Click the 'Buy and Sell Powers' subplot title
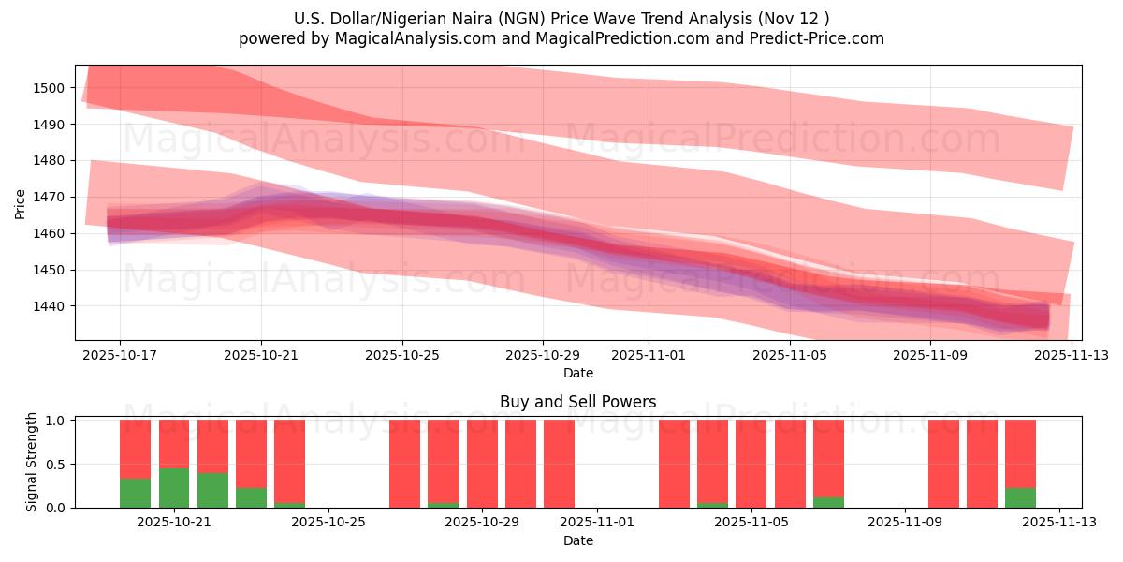577,402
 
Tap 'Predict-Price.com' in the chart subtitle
807,38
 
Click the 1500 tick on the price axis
50,88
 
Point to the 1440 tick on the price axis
50,306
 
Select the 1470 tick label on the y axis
50,197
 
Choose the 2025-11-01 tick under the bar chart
598,522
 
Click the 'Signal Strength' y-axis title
32,462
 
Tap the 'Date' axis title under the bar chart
577,540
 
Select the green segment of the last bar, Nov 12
1020,497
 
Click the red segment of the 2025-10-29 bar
482,464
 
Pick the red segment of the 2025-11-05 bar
751,464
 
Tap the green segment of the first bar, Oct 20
136,493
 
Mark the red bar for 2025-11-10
943,464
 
